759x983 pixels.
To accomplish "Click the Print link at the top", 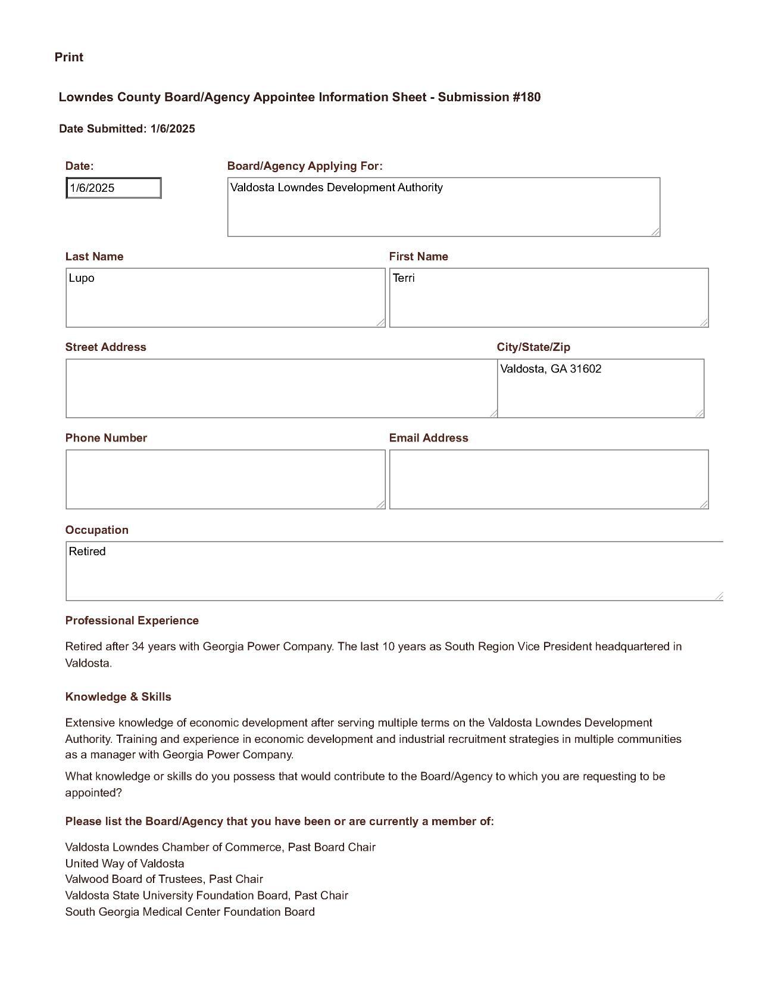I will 68,57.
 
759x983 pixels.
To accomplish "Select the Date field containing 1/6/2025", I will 113,188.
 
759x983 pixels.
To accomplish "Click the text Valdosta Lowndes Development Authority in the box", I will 336,188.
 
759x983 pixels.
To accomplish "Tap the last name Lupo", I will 82,278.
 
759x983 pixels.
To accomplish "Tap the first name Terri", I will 404,278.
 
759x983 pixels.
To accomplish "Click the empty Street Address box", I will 280,388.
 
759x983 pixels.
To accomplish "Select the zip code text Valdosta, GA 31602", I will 551,369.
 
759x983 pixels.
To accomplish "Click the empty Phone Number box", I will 225,480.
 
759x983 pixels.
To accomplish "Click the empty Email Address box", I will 548,480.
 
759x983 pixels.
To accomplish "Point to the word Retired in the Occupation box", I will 87,552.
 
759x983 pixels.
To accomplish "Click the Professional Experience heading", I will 132,621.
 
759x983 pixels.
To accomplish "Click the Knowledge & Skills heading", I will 118,697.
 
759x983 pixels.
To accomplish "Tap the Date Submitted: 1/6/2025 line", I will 127,129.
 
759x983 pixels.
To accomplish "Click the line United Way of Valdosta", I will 124,864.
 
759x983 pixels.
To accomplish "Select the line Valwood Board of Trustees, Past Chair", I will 164,879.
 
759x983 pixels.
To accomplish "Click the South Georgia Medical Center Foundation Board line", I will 189,912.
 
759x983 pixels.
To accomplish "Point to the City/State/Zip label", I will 533,347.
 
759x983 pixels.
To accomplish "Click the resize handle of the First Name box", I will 704,323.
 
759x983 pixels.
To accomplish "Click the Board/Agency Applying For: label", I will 305,166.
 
